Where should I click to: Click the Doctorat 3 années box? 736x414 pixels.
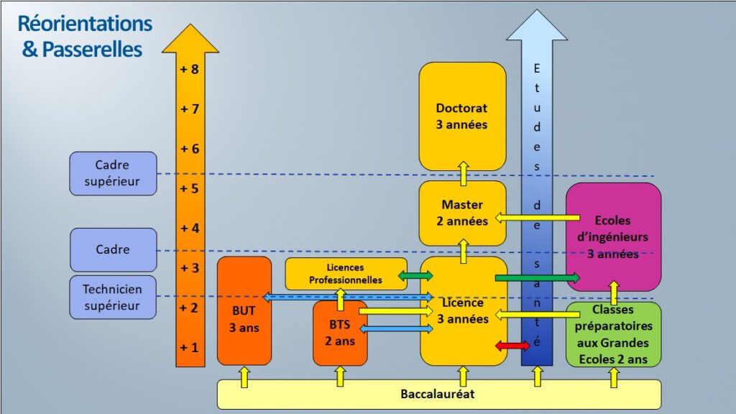click(x=462, y=116)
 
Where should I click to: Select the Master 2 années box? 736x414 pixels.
click(x=462, y=213)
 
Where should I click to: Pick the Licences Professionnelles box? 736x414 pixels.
click(x=346, y=274)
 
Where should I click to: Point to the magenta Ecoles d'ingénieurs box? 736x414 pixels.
click(x=613, y=237)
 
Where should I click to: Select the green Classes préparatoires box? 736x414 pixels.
click(x=613, y=334)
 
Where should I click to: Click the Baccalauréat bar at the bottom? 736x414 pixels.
click(x=438, y=394)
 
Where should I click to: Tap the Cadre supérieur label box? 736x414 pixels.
click(x=113, y=173)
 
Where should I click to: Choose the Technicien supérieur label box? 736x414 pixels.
click(x=113, y=298)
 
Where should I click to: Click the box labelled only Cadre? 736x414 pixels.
click(x=113, y=249)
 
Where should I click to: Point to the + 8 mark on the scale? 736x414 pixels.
click(x=190, y=70)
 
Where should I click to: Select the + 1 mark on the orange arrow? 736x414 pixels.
click(x=190, y=347)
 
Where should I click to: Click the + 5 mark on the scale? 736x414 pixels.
click(x=190, y=188)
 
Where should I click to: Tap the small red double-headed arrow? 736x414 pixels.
click(x=512, y=346)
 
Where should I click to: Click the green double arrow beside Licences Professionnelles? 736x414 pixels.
click(x=415, y=275)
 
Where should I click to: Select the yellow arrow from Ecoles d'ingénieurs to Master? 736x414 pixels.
click(x=538, y=217)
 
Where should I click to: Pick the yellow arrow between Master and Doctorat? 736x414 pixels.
click(x=464, y=174)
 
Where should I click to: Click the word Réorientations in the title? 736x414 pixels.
click(x=85, y=24)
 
